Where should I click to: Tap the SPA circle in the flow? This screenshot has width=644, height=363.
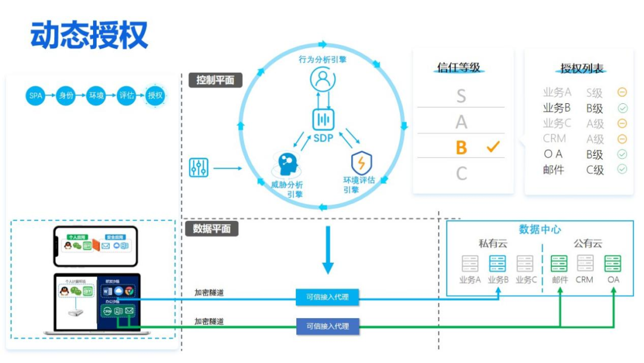[x=36, y=96]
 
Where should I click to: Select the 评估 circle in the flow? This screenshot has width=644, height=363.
[x=126, y=96]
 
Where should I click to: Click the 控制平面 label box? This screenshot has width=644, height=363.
[x=215, y=80]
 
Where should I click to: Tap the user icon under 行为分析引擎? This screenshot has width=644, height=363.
[x=323, y=79]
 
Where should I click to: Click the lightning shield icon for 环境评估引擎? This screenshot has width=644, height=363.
[x=361, y=162]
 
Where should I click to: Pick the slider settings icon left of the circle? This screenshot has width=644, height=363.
[x=199, y=168]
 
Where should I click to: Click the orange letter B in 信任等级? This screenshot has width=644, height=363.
[x=461, y=148]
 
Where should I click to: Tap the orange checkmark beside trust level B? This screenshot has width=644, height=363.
[x=493, y=147]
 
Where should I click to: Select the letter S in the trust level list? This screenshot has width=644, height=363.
[x=461, y=96]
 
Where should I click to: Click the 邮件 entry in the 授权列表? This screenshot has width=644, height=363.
[x=554, y=170]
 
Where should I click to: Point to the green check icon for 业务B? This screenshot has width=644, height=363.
[x=622, y=108]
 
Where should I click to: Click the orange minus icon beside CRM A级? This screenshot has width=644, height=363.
[x=622, y=139]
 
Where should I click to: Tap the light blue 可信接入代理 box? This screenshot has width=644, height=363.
[x=327, y=297]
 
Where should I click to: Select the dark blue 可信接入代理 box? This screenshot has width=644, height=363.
[x=327, y=326]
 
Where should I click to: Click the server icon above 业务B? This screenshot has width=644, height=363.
[x=498, y=263]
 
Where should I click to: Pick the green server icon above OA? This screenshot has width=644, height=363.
[x=613, y=263]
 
